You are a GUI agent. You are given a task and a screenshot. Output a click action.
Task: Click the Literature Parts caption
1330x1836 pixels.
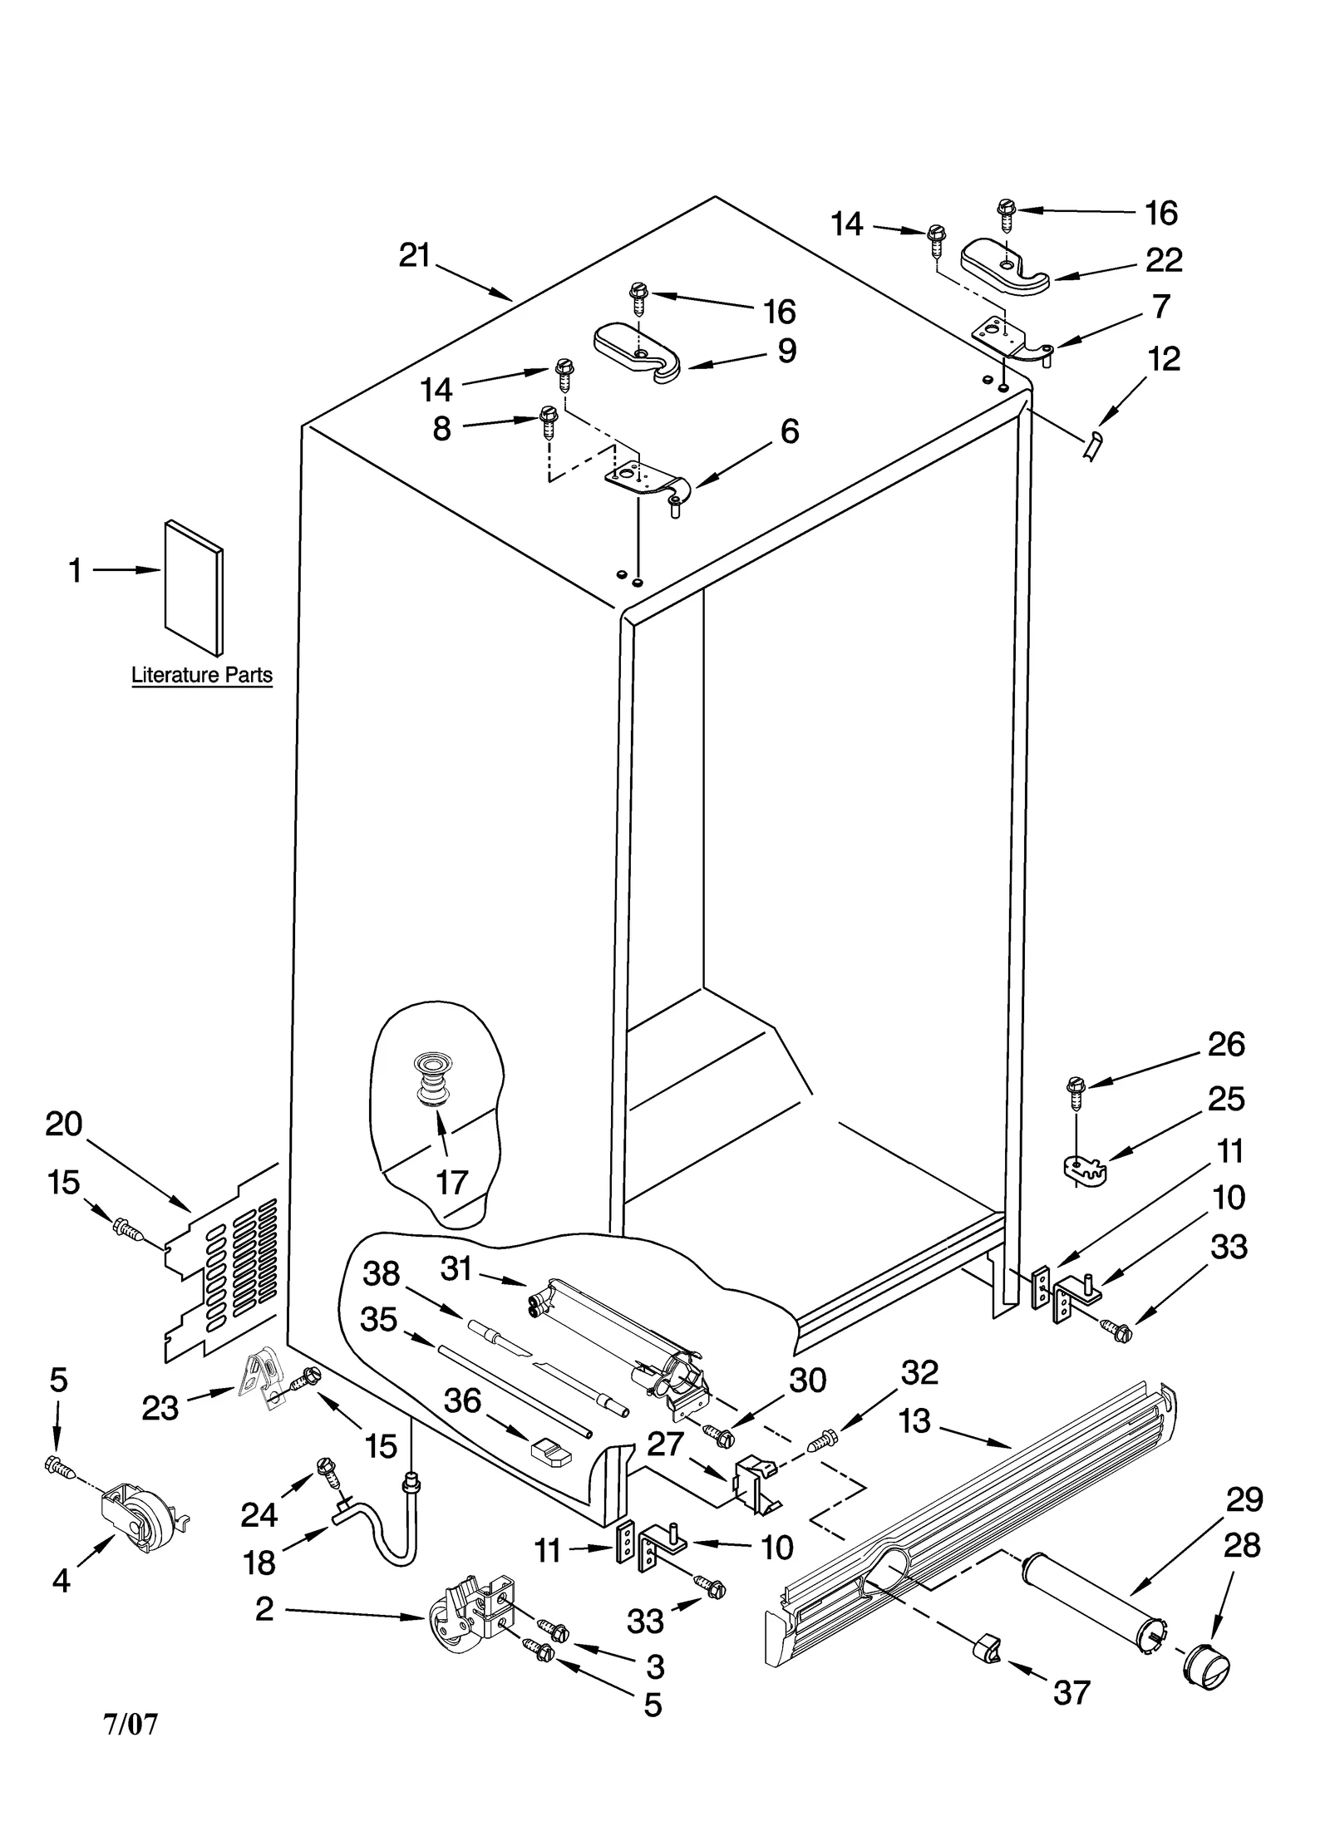[x=202, y=675]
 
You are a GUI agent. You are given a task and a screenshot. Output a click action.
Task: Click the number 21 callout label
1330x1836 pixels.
[x=414, y=255]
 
